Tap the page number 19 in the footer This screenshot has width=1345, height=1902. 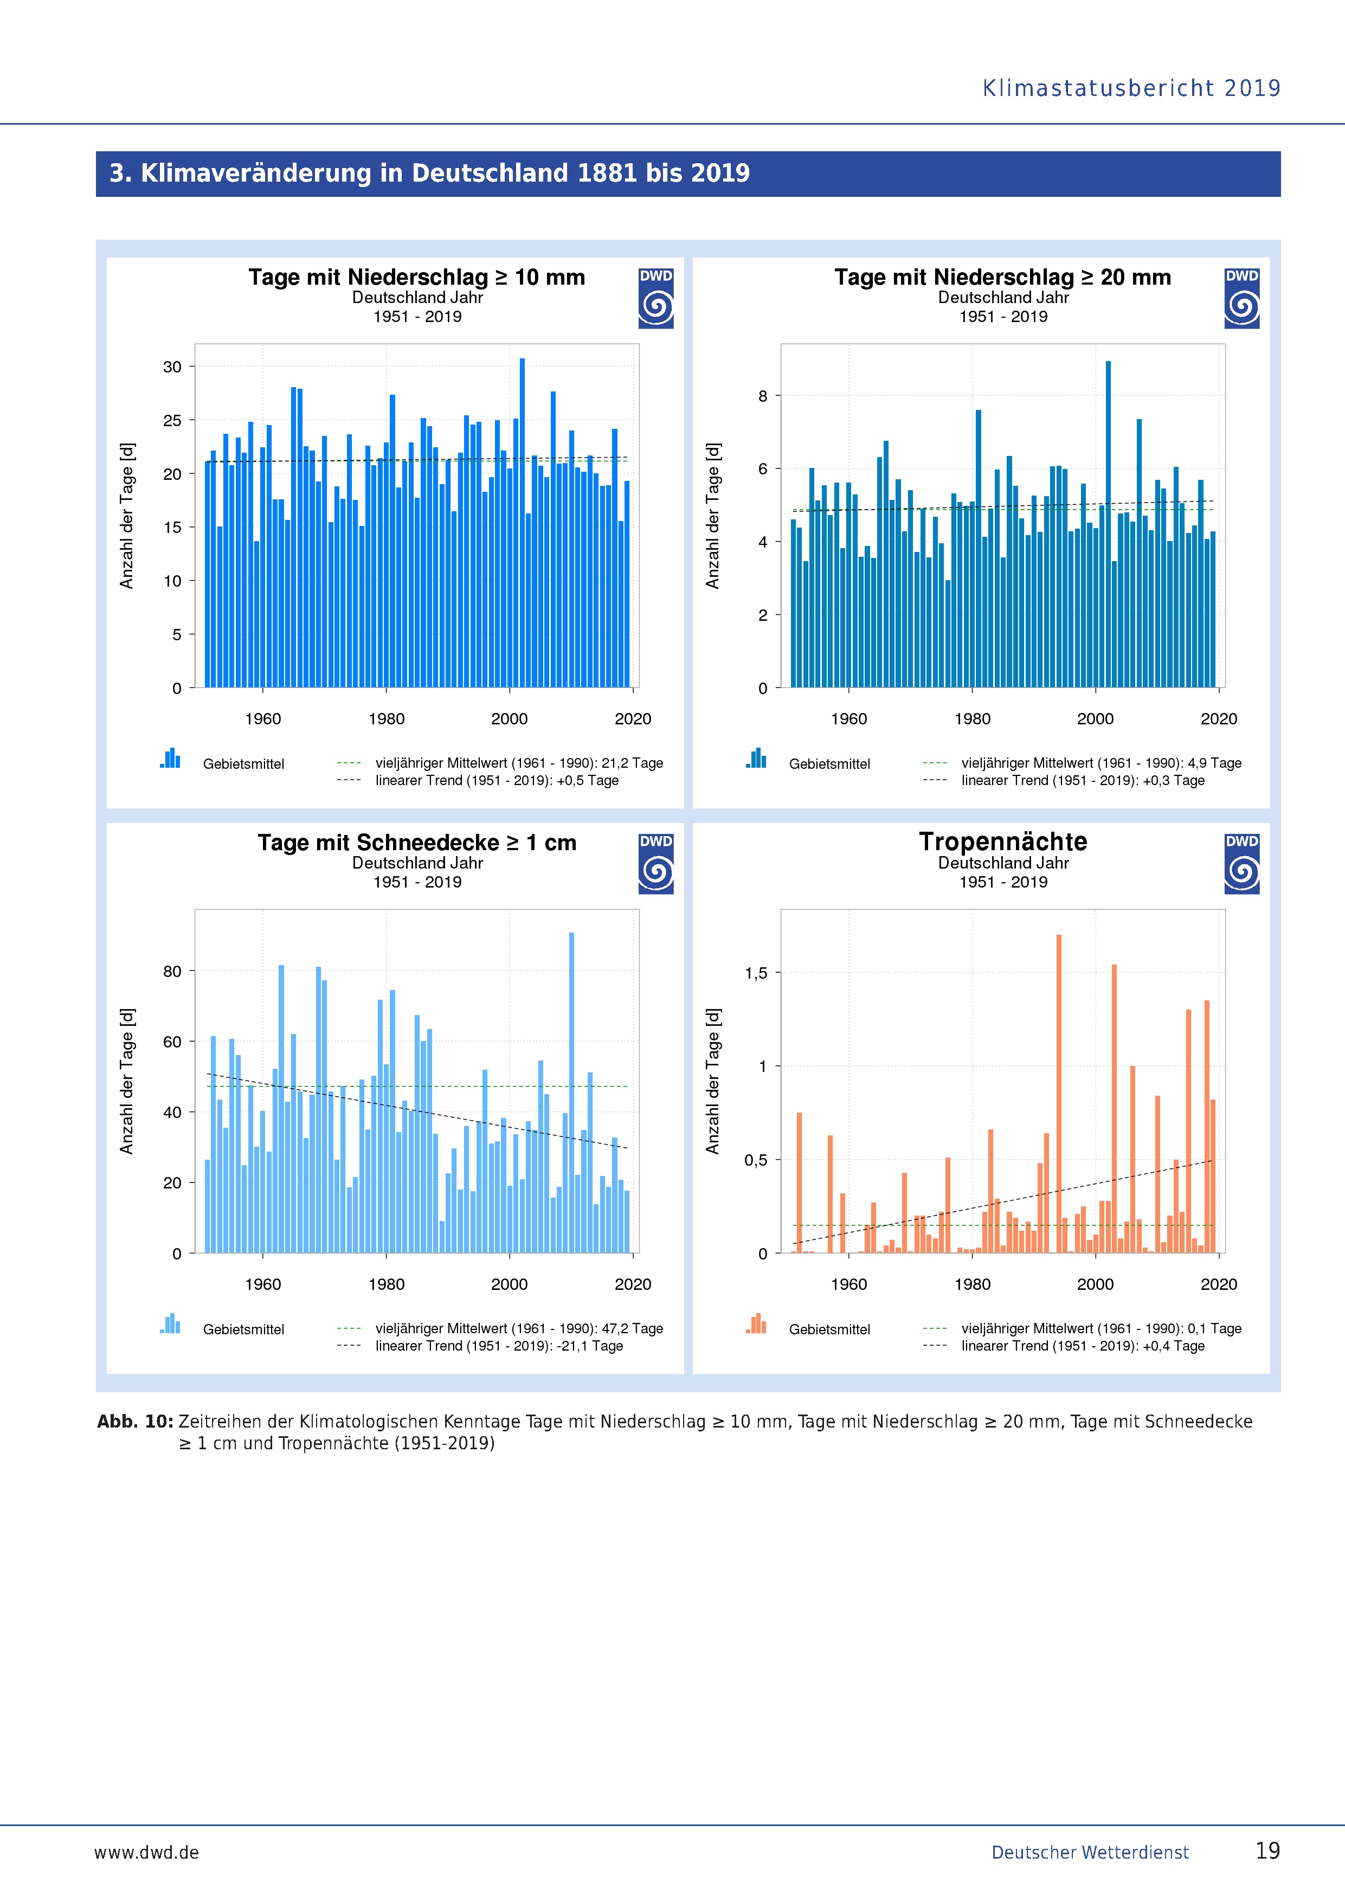(x=1267, y=1850)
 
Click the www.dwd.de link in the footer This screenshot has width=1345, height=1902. (x=146, y=1852)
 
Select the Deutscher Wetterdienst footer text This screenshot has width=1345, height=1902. (x=1090, y=1852)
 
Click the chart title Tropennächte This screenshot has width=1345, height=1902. (x=1003, y=841)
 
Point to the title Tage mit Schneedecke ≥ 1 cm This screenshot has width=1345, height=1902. (x=416, y=843)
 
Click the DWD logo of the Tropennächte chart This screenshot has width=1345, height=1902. (x=1241, y=864)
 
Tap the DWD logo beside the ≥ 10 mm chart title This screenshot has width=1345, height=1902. (x=656, y=298)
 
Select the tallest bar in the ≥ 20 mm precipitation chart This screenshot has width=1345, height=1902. (x=1108, y=524)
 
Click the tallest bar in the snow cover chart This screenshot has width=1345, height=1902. (x=571, y=1092)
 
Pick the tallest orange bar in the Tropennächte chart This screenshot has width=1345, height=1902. (x=1058, y=1094)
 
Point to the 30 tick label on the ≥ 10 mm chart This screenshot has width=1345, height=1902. (x=172, y=367)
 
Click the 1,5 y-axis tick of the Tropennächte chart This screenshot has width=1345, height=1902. (x=756, y=973)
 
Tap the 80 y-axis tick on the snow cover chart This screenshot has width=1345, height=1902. (x=172, y=972)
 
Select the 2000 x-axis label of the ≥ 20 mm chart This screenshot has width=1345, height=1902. (x=1095, y=719)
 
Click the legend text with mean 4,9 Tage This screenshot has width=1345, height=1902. (x=1101, y=763)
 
